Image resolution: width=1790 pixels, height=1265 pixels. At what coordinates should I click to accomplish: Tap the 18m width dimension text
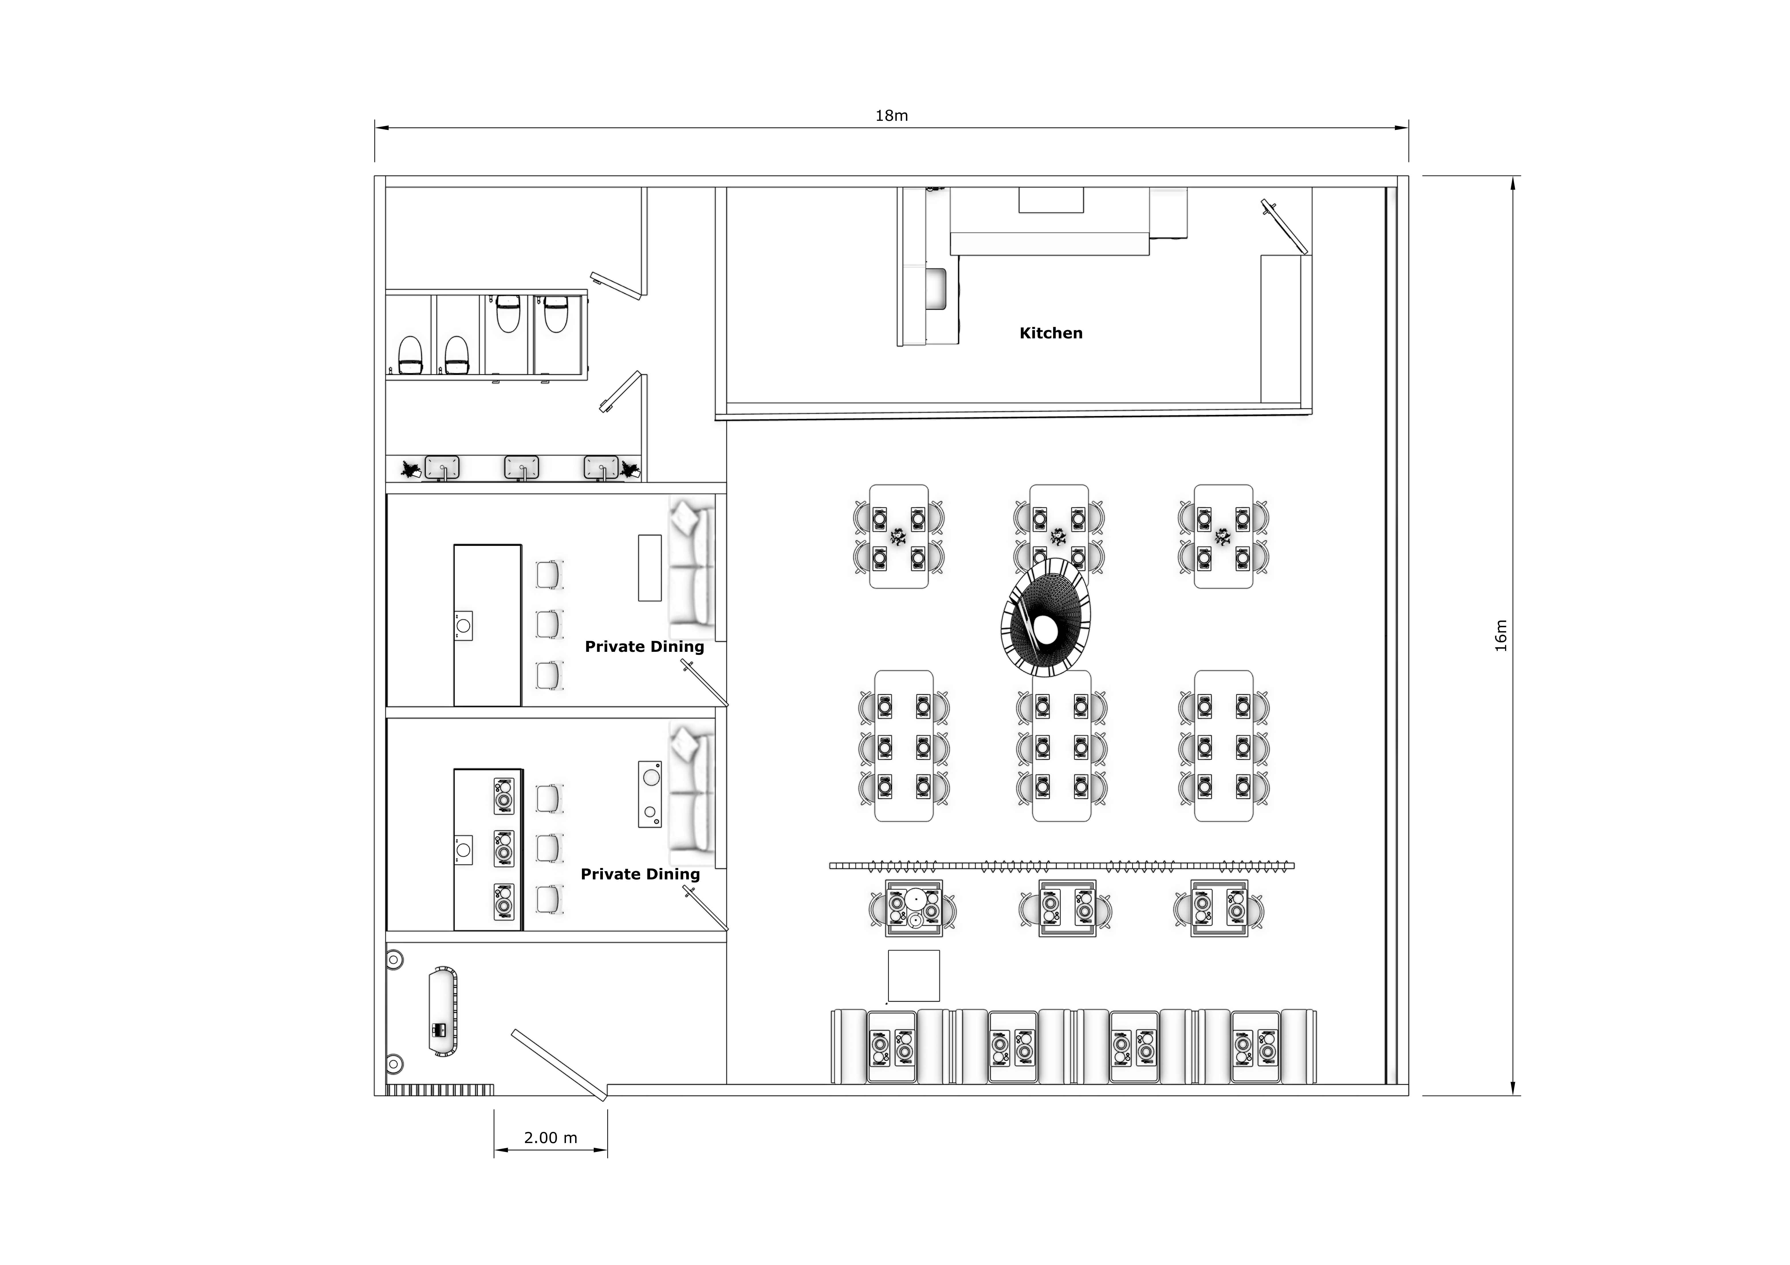coord(891,115)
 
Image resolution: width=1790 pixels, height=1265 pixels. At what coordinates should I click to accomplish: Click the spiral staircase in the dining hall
coord(1045,617)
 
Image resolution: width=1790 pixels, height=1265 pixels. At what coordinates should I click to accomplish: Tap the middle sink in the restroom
coord(522,468)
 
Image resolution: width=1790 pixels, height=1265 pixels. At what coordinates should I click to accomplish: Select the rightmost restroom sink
coord(601,468)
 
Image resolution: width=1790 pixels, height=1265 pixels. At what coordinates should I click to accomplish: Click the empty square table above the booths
coord(914,976)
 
